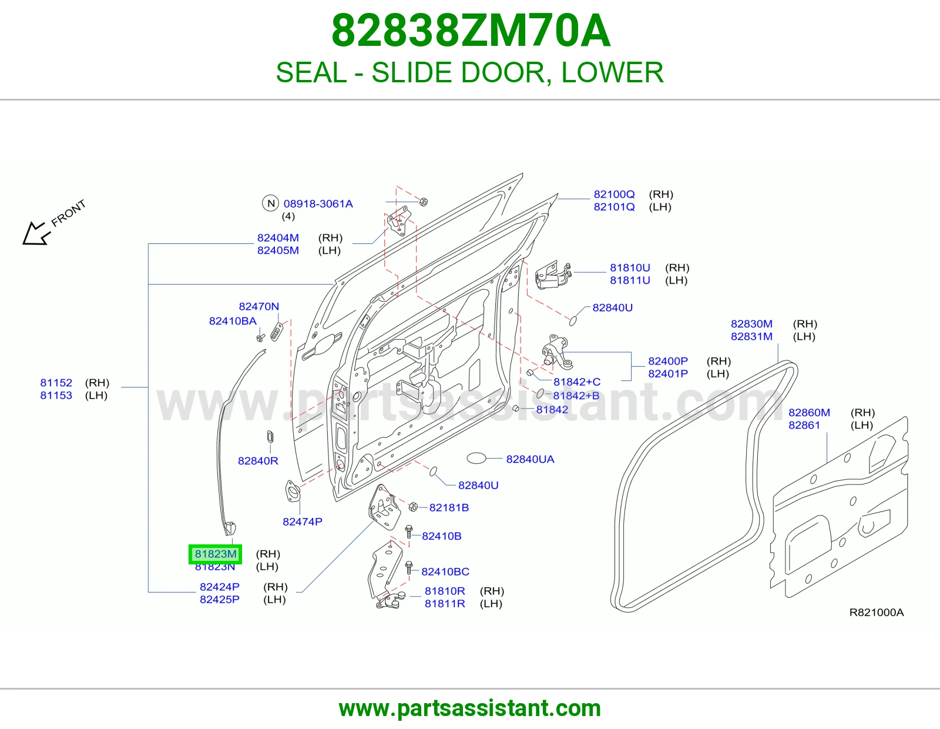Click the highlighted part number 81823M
click(x=216, y=554)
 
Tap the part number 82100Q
click(x=614, y=195)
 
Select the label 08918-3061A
click(x=318, y=204)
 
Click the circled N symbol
click(x=271, y=203)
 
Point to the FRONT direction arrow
click(x=36, y=234)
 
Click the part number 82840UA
click(x=530, y=459)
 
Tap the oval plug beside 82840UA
click(x=476, y=458)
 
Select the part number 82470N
click(x=258, y=306)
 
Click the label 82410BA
click(x=233, y=321)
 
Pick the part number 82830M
click(x=751, y=324)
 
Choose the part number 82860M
click(x=809, y=413)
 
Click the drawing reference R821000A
click(x=877, y=613)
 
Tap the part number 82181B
click(x=449, y=508)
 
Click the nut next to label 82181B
click(x=413, y=507)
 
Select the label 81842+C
click(x=577, y=382)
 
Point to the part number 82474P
click(x=303, y=522)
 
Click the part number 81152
click(x=56, y=383)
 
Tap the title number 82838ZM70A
click(x=471, y=31)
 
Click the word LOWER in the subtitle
click(x=612, y=72)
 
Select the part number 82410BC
click(x=445, y=572)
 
